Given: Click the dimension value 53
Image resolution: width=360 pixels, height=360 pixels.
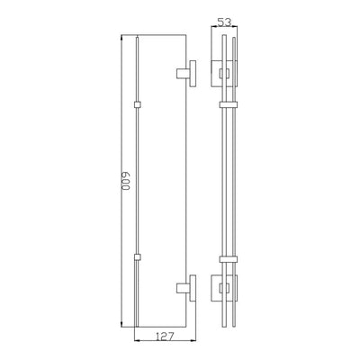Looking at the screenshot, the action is (224, 22).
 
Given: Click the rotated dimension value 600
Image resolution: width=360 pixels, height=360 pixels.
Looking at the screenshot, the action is (126, 182).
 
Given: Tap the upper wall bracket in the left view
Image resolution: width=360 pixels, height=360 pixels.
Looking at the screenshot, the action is (186, 74).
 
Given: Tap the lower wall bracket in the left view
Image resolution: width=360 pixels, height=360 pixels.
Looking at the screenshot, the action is (186, 288).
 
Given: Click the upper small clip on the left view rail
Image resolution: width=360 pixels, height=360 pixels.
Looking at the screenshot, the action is (137, 105).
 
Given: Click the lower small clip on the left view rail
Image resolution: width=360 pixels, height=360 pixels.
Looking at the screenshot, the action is (137, 257).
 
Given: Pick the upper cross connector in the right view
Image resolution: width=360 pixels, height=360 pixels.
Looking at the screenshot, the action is (229, 105).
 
